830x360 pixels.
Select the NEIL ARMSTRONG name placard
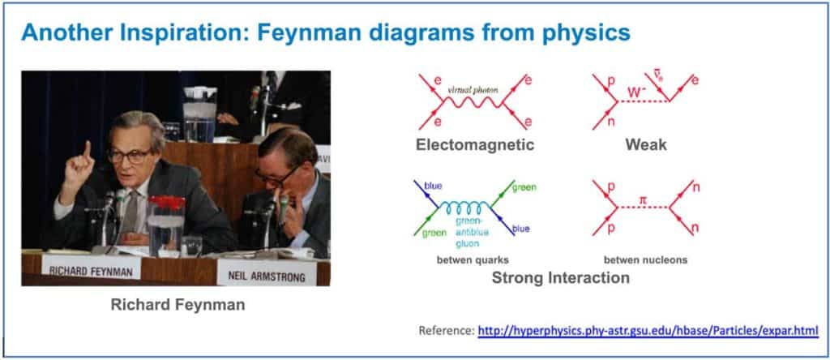[x=267, y=274]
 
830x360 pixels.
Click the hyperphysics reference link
[x=648, y=331]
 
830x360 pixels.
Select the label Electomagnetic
[x=475, y=144]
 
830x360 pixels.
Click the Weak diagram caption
[x=646, y=144]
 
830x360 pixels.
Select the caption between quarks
[x=473, y=260]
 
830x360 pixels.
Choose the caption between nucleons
[x=645, y=260]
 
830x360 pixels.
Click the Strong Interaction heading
[x=561, y=277]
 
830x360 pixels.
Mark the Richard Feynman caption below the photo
[x=178, y=306]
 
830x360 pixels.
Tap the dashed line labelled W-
[x=643, y=101]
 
